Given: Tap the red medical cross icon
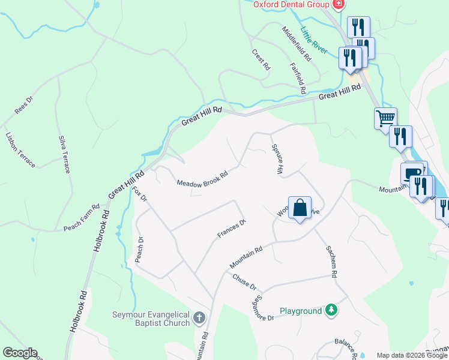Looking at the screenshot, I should [338, 4].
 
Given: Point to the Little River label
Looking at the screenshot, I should [314, 40].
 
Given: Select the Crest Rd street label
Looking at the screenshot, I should [261, 61].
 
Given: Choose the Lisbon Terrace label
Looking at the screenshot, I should [20, 149].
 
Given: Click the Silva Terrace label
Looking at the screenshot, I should [64, 154].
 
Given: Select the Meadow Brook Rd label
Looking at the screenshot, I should [202, 179].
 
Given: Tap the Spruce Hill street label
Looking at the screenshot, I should [277, 159].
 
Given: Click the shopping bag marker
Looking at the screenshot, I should [300, 208].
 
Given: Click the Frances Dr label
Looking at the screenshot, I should [232, 229].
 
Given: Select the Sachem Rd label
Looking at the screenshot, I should [331, 261].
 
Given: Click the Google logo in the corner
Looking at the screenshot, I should [20, 353].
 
